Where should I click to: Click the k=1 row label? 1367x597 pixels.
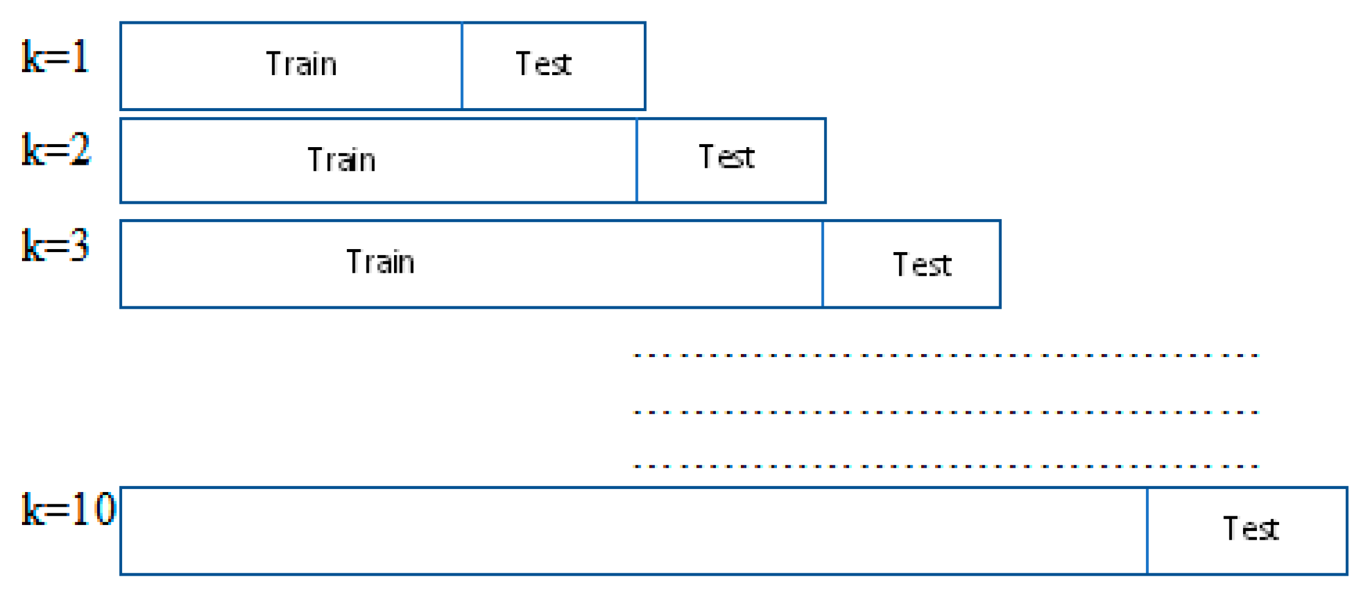[56, 57]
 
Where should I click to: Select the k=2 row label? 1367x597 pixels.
[56, 150]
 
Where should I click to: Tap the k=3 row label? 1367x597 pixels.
[56, 246]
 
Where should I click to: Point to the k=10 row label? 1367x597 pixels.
[68, 509]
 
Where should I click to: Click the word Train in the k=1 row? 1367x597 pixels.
[301, 64]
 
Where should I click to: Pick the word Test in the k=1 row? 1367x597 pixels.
[544, 64]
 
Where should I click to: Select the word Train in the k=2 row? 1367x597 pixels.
[341, 160]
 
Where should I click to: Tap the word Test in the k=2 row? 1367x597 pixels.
[726, 157]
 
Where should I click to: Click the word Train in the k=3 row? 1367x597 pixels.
[380, 262]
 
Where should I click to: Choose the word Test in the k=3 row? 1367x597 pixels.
[922, 265]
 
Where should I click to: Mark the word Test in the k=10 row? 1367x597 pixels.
[1250, 528]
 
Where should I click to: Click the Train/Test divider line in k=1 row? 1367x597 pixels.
[462, 66]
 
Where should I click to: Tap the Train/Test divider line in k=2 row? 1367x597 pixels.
[636, 161]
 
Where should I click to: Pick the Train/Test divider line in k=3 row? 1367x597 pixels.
[823, 264]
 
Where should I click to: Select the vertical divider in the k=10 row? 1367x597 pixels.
[1147, 530]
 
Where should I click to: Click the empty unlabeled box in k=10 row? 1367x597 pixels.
[633, 530]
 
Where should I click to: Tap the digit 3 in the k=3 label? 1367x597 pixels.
[79, 246]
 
